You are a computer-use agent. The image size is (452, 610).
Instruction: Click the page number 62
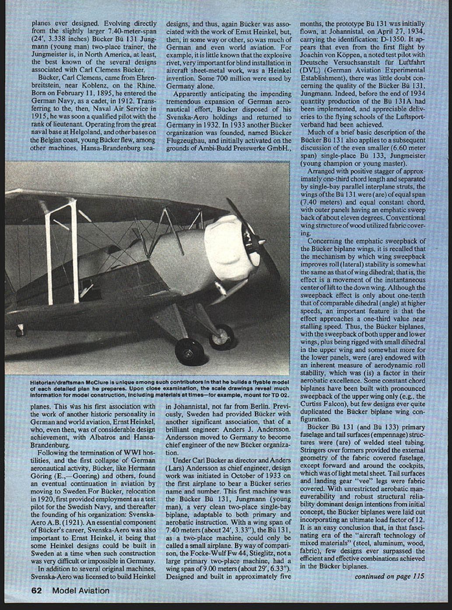36,590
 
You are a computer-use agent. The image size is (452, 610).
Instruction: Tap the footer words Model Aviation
81,590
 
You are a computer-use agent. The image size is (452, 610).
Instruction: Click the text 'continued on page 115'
389,576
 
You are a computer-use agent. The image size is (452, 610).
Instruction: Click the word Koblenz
91,86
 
